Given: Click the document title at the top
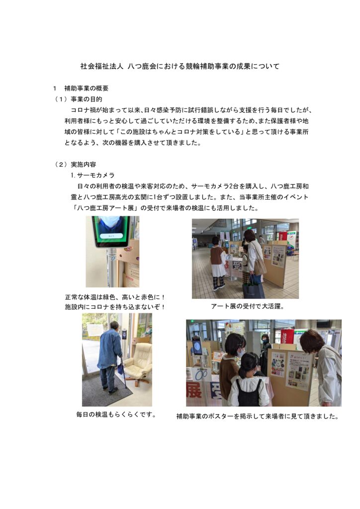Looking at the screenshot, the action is click(x=180, y=67).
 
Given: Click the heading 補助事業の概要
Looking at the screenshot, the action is click(x=87, y=88).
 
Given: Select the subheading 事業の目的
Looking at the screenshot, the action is click(x=87, y=99).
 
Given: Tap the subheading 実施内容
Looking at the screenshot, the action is click(x=84, y=165).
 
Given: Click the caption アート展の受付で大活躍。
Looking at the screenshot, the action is click(x=248, y=306).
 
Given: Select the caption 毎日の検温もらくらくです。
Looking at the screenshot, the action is click(x=116, y=415).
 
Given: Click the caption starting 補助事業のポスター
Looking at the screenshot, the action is click(x=258, y=416).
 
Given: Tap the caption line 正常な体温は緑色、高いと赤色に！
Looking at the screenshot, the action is click(x=115, y=297).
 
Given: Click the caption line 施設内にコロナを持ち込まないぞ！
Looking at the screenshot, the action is click(x=115, y=307).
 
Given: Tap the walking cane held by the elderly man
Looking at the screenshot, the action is click(x=123, y=372).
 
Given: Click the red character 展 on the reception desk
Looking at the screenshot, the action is click(x=194, y=390).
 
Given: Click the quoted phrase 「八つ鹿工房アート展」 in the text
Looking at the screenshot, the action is click(x=105, y=208).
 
